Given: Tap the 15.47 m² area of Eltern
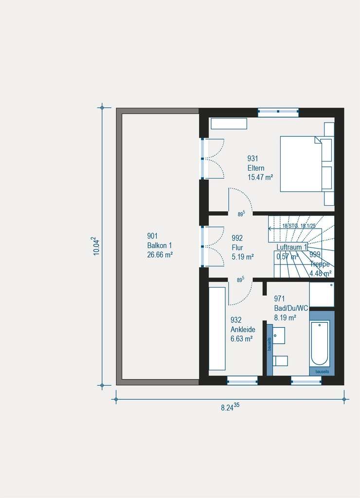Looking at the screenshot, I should tap(260, 178).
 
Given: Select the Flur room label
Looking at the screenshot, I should tap(237, 247).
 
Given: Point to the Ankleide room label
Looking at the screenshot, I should tap(243, 329).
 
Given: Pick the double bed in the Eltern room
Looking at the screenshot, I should tap(302, 163).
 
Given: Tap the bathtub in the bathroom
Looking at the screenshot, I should tap(320, 343).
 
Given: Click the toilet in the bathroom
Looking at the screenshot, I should tap(280, 360).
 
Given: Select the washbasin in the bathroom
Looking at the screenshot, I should tap(278, 335).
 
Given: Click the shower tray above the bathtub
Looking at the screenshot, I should tap(322, 294).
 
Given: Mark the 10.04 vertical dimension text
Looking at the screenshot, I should tap(96, 246).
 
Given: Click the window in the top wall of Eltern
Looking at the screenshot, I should tap(278, 112).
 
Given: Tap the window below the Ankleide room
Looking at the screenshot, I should tap(242, 380).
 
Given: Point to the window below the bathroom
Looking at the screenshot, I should tap(306, 380).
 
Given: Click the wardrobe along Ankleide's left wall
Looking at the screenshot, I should tap(217, 328).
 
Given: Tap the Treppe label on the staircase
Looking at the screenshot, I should tap(320, 264).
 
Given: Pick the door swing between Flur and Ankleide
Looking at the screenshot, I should tap(240, 293).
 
